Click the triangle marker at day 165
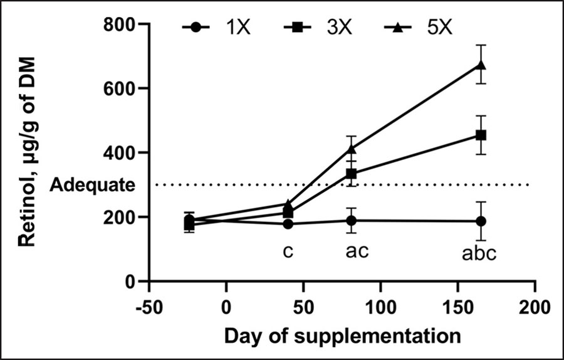click(x=481, y=65)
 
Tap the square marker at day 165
click(x=481, y=135)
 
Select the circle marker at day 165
click(x=481, y=221)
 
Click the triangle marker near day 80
click(x=352, y=149)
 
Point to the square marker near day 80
click(x=352, y=174)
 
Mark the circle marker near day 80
click(x=352, y=220)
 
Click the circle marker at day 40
click(x=288, y=224)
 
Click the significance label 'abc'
click(x=479, y=253)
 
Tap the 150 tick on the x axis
click(x=457, y=307)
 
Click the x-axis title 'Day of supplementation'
click(x=342, y=336)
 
